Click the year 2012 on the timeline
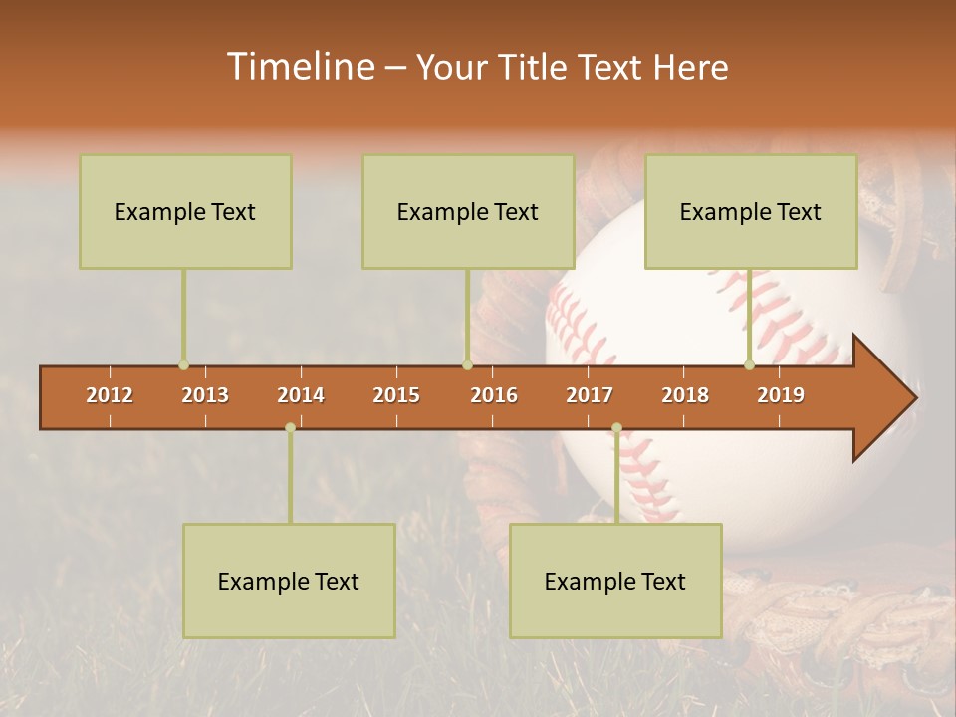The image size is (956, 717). (x=110, y=396)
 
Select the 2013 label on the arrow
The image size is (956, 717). (x=205, y=396)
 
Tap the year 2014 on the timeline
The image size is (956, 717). (x=301, y=396)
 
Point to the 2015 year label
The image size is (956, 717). (x=396, y=396)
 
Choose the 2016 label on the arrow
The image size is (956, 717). (x=494, y=396)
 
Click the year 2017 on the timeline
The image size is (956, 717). (x=590, y=396)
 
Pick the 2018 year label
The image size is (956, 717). (x=685, y=396)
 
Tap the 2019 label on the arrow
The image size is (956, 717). (x=781, y=396)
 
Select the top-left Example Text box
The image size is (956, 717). (x=185, y=212)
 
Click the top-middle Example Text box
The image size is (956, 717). (x=468, y=212)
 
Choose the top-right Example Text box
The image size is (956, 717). (x=751, y=212)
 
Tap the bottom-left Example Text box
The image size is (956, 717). (x=289, y=582)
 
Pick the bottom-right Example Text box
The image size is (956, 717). (x=615, y=582)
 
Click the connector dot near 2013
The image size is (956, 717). (x=183, y=365)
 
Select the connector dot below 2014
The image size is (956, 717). (x=290, y=427)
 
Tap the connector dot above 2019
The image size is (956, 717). (x=749, y=365)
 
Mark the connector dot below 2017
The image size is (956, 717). (x=616, y=427)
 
